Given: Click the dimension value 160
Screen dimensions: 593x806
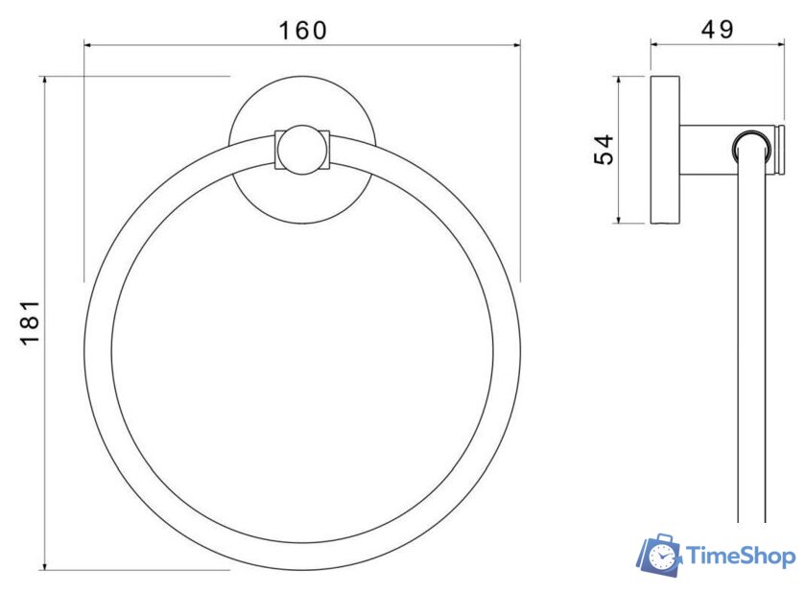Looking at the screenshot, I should [x=302, y=30].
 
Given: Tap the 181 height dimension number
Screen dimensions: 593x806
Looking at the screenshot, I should [x=30, y=322].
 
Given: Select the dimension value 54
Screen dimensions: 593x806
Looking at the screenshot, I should [x=603, y=150].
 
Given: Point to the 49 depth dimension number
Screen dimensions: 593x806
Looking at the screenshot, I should [x=717, y=30].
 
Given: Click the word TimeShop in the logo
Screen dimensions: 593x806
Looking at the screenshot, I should [x=740, y=557].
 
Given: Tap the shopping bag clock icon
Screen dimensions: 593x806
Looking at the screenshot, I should [x=659, y=557].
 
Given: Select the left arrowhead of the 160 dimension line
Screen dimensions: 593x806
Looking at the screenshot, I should [x=89, y=44].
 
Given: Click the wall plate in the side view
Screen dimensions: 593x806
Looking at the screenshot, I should [x=663, y=150].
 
